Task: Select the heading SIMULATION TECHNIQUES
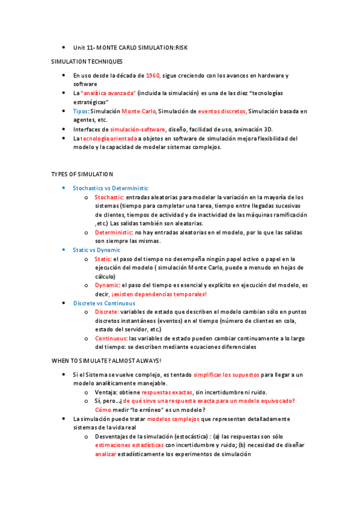point(87,61)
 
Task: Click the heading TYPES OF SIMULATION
point(82,174)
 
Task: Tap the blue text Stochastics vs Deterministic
point(111,188)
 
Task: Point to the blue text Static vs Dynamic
point(97,250)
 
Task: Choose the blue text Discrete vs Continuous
point(104,303)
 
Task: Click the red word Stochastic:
point(109,197)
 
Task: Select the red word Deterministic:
point(114,232)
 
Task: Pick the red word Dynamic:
point(107,285)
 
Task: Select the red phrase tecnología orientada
point(109,138)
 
